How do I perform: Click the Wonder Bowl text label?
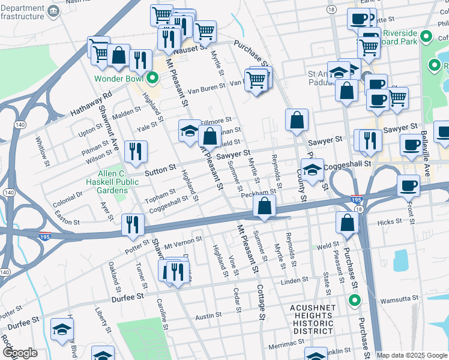pos(120,79)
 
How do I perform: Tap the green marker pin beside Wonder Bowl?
pos(152,78)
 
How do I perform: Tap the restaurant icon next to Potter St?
pos(133,225)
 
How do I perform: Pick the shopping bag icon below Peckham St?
pos(264,206)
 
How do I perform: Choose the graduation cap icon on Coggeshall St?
pos(312,170)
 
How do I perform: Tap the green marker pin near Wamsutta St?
pos(354,301)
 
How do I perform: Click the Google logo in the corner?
pos(20,353)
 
